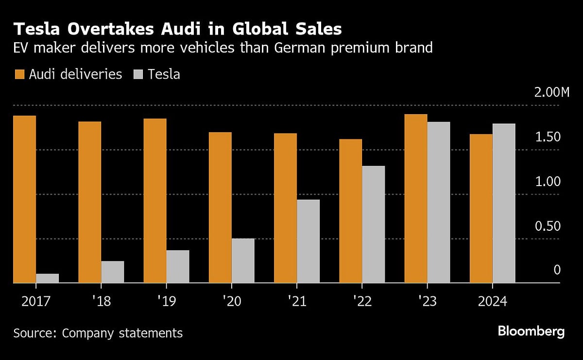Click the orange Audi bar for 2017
(24, 199)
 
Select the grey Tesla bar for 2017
(47, 278)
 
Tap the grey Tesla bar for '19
(177, 266)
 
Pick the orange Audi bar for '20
(220, 207)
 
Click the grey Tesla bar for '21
(308, 241)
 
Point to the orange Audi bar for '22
(350, 211)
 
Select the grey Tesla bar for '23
(438, 202)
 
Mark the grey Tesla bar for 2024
(504, 203)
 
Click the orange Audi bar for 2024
(481, 208)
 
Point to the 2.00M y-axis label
(551, 93)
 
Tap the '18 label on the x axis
(101, 302)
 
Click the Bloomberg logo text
(531, 332)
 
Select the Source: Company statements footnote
(98, 333)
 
